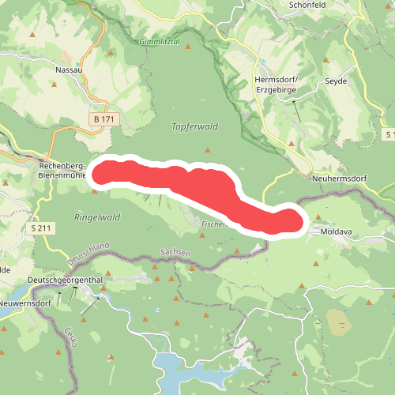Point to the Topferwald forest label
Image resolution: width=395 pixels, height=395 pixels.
coord(194,126)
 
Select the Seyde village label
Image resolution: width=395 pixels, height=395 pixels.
coord(337,81)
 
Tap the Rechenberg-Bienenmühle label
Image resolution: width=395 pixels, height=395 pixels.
coord(62,170)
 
